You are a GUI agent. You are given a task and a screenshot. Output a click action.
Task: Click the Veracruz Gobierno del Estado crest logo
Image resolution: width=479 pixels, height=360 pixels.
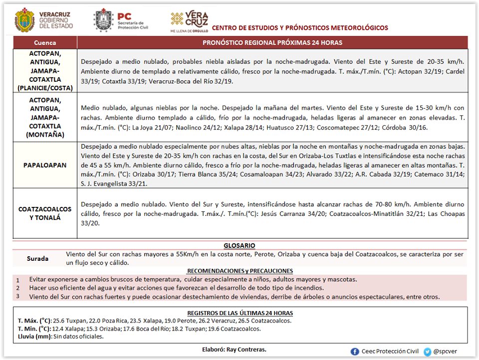pyautogui.click(x=25, y=19)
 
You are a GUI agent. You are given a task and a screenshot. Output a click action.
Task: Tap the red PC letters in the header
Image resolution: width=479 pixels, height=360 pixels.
pyautogui.click(x=124, y=16)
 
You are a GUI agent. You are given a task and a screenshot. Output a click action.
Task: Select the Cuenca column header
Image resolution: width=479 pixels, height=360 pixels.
pyautogui.click(x=45, y=43)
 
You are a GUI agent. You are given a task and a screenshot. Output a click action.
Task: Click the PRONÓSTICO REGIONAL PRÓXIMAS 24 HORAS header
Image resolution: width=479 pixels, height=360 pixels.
pyautogui.click(x=272, y=43)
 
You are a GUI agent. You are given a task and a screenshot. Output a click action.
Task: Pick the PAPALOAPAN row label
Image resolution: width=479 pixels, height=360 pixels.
pyautogui.click(x=45, y=165)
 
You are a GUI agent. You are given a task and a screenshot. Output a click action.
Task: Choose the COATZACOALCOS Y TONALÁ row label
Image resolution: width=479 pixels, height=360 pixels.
pyautogui.click(x=45, y=213)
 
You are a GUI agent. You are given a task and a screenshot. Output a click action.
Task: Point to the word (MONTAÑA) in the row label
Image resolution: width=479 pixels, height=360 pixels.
pyautogui.click(x=45, y=135)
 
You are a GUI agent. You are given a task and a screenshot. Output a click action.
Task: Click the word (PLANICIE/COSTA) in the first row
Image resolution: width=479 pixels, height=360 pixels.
pyautogui.click(x=45, y=88)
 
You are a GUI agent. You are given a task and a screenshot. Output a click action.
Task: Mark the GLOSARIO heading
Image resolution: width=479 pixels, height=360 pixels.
pyautogui.click(x=239, y=245)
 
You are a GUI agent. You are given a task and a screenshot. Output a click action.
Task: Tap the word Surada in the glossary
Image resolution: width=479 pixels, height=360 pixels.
pyautogui.click(x=38, y=259)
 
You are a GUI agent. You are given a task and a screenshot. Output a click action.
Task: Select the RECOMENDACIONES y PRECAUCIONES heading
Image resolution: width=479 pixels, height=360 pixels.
pyautogui.click(x=239, y=271)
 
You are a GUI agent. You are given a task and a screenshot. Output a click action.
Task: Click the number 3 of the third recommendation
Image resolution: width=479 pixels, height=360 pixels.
pyautogui.click(x=17, y=296)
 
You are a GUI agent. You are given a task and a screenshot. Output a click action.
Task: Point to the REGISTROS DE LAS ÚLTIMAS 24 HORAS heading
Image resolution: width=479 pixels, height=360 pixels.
pyautogui.click(x=239, y=313)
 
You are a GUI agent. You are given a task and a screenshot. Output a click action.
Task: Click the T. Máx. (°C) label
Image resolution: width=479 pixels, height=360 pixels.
pyautogui.click(x=34, y=321)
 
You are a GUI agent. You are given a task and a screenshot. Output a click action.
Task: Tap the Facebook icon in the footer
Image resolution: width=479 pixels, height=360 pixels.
pyautogui.click(x=355, y=352)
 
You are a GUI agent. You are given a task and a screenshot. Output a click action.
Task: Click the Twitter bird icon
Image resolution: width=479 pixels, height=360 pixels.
pyautogui.click(x=428, y=352)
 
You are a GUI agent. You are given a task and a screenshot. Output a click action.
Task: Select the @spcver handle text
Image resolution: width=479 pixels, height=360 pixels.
pyautogui.click(x=445, y=352)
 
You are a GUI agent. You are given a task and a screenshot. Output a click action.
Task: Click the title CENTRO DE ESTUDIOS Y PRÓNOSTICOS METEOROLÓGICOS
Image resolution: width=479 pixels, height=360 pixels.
pyautogui.click(x=300, y=27)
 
